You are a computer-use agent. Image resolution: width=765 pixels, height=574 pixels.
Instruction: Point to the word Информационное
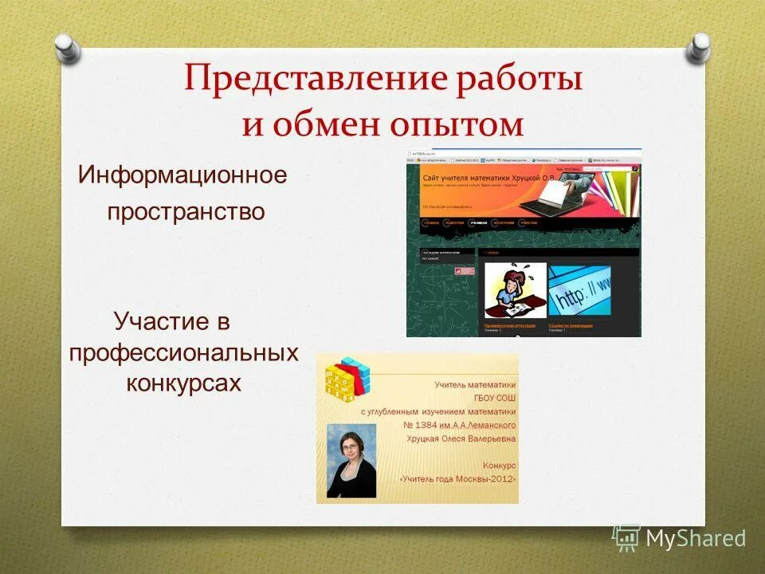(182, 175)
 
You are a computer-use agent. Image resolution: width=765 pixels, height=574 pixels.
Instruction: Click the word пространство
(186, 212)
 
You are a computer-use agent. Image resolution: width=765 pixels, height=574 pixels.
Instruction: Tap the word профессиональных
(183, 352)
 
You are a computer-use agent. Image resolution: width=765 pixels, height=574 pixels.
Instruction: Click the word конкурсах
(183, 383)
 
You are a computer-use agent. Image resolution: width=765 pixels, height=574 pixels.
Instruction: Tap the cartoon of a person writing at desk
(515, 290)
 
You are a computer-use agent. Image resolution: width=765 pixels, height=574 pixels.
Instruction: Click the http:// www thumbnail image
(579, 290)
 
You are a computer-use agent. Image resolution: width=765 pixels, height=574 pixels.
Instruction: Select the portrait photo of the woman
(351, 461)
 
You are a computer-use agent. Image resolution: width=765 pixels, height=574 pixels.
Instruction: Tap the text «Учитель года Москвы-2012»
(457, 479)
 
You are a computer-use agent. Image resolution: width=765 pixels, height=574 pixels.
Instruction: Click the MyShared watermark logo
(679, 539)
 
